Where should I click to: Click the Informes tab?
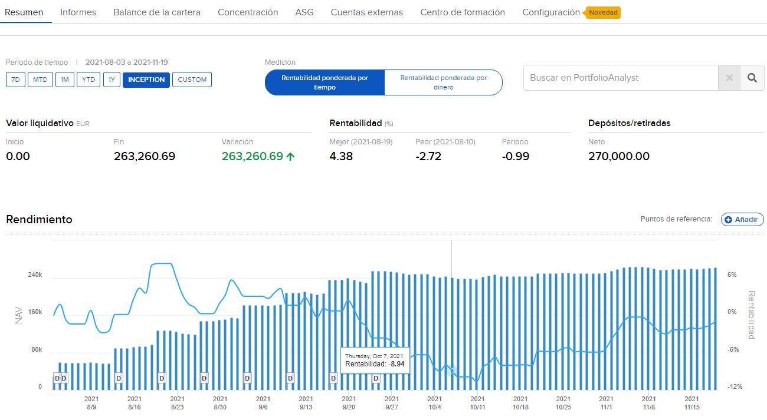(x=78, y=12)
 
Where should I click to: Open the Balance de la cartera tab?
(x=157, y=12)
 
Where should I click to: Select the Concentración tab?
(x=248, y=12)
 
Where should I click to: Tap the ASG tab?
(x=304, y=12)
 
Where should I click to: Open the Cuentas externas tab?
(x=367, y=12)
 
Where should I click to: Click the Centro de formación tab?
(x=463, y=12)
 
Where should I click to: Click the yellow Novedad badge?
(x=603, y=12)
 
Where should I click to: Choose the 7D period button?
(x=15, y=80)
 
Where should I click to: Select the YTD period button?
(x=88, y=80)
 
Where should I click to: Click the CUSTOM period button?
(x=192, y=80)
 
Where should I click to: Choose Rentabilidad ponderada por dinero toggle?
(x=443, y=82)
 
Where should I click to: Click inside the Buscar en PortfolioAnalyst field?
(x=619, y=78)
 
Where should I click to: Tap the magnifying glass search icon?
(x=752, y=78)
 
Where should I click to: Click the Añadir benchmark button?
(x=742, y=219)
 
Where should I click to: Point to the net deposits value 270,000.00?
(x=619, y=156)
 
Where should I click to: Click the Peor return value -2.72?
(x=428, y=156)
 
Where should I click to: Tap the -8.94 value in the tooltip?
(x=397, y=364)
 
